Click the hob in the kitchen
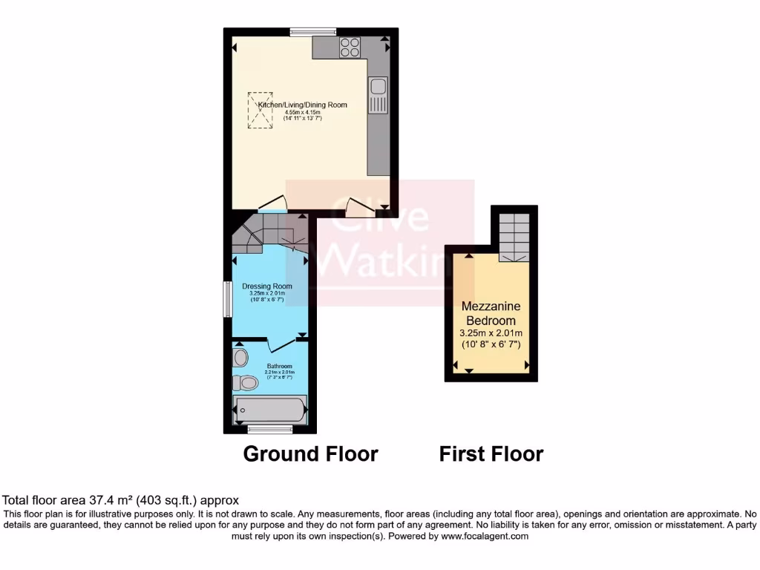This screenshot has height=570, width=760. coord(350,47)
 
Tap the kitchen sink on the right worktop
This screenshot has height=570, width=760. coord(378,94)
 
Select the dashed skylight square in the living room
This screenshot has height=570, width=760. coord(261,110)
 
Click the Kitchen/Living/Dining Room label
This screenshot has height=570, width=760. coord(302,105)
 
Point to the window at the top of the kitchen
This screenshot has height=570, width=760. coord(312,31)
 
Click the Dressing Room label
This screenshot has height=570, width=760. coord(267,286)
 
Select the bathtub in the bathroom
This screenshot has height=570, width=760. coord(269,410)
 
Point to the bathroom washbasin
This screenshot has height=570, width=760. coord(240,358)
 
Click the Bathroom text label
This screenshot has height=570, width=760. coord(280,367)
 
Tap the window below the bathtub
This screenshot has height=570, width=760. coord(269,429)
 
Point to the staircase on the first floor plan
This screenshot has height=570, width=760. coord(514,236)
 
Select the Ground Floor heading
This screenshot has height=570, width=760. coord(310,453)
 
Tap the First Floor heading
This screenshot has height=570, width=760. coord(491,453)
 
